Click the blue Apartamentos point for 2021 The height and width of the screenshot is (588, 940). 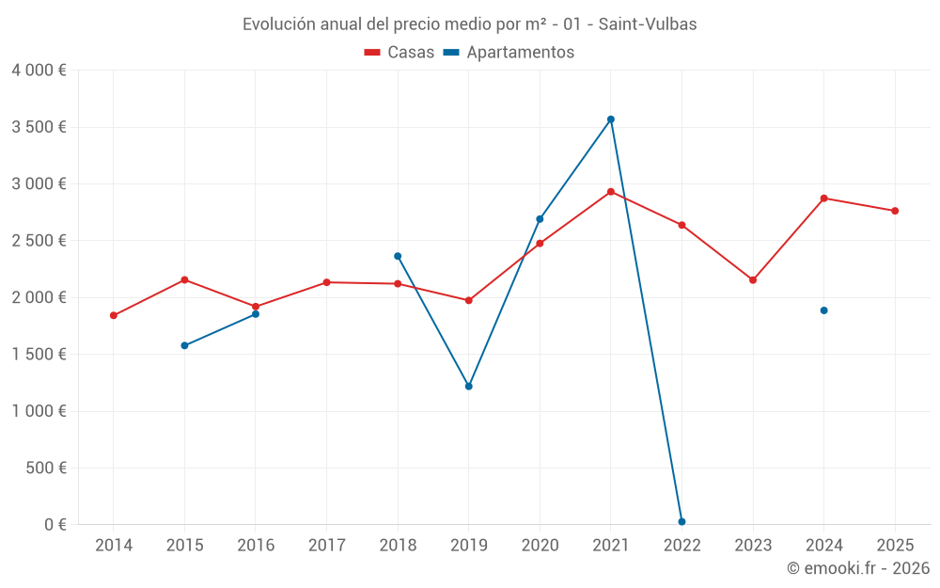(x=611, y=119)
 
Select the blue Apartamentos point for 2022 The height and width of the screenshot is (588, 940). (x=681, y=521)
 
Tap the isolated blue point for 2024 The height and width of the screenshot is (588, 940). (x=823, y=310)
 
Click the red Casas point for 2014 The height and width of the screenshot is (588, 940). (x=114, y=315)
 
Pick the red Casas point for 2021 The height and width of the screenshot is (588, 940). (x=611, y=192)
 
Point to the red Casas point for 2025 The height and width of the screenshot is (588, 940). (x=895, y=211)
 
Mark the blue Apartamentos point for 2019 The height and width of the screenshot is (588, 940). (x=469, y=387)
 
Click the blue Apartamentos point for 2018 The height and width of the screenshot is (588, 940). (x=398, y=256)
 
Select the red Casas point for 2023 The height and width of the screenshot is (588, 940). (x=753, y=280)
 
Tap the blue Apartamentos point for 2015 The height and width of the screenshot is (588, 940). (x=184, y=345)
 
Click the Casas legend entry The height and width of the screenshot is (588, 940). (x=400, y=53)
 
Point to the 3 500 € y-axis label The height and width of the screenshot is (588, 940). (x=39, y=127)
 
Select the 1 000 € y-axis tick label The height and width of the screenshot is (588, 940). (x=39, y=411)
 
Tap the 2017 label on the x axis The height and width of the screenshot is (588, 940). (x=326, y=546)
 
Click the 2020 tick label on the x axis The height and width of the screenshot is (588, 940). (x=540, y=546)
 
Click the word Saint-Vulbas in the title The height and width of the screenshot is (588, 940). (x=648, y=24)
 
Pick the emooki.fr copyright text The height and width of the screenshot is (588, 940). (x=857, y=568)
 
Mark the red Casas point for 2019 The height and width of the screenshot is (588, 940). (x=469, y=301)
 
